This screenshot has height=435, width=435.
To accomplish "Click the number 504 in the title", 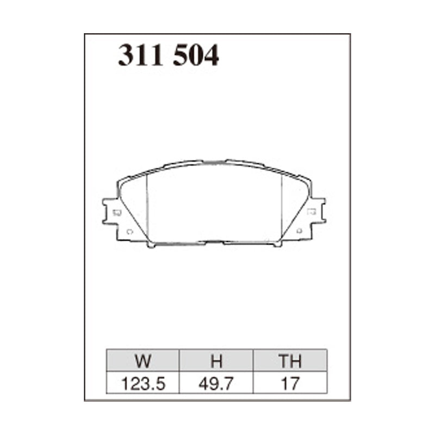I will [196, 55].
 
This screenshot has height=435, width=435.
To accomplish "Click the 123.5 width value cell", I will [143, 383].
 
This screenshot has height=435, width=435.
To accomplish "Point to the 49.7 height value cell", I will [216, 383].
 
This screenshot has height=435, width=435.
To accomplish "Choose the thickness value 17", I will [289, 383].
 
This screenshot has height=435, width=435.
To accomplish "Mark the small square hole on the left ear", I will [115, 213].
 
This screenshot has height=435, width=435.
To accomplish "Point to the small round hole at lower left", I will [129, 232].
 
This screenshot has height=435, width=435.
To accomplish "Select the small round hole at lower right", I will [299, 232].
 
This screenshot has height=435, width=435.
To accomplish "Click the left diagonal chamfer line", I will [133, 212].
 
